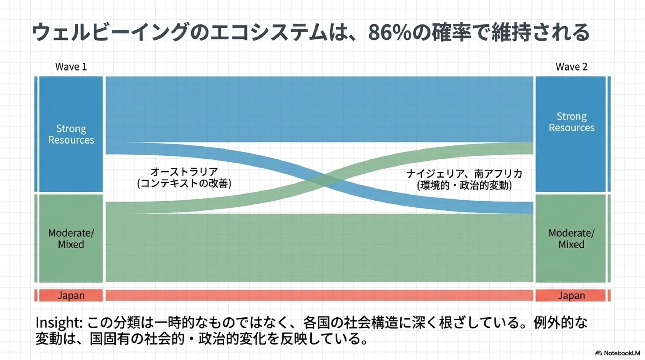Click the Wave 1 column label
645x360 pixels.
coord(71,67)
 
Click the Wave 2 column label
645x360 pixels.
coord(571,67)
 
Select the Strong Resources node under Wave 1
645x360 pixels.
coord(71,134)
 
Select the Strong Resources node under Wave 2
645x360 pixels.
coord(570,134)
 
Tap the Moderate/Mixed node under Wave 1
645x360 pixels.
coord(71,238)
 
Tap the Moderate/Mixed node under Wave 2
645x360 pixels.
coord(570,238)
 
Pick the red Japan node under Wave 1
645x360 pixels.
coord(71,295)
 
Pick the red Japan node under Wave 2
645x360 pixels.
coord(570,295)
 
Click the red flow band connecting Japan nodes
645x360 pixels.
coord(319,295)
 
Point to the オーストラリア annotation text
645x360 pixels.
coord(184,172)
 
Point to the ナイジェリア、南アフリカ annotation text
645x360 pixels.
coord(464,174)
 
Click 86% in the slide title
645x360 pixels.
coord(390,32)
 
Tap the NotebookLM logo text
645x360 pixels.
coord(622,353)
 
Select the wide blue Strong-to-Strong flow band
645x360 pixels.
coord(319,109)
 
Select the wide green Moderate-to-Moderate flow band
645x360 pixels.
coord(319,247)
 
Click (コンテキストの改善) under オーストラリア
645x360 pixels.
coord(184,183)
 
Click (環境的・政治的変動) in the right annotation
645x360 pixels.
coord(464,185)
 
